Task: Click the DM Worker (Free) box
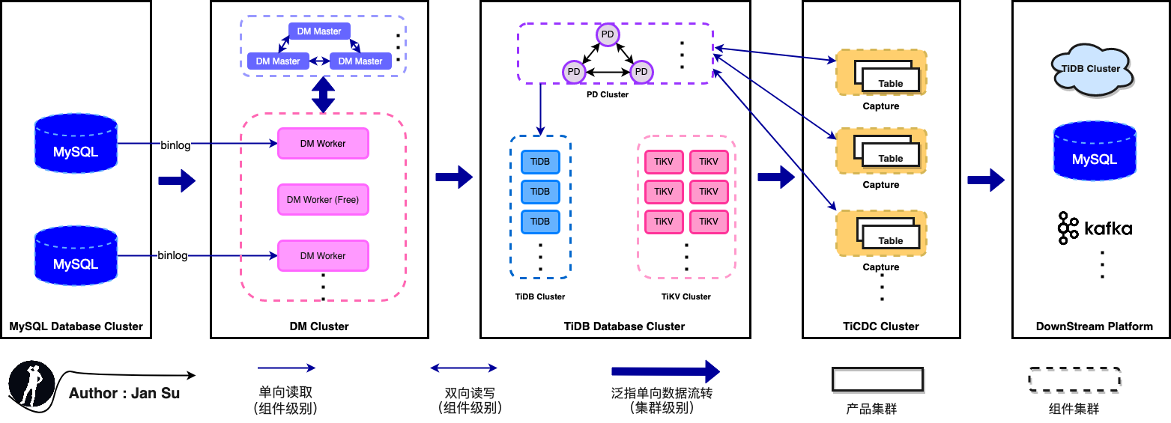click(x=323, y=200)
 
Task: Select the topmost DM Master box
click(x=319, y=31)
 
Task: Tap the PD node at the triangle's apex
click(x=608, y=34)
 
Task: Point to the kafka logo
click(x=1095, y=228)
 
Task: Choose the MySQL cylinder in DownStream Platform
click(x=1094, y=153)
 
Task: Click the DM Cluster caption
click(x=319, y=326)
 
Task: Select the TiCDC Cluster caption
click(x=880, y=326)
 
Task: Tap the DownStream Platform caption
click(x=1094, y=326)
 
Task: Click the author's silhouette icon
click(x=31, y=385)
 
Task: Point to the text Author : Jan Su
click(x=124, y=393)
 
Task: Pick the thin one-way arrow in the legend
click(x=287, y=368)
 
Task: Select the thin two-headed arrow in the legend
click(x=464, y=368)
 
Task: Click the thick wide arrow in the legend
click(x=665, y=371)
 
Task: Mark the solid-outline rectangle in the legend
click(x=877, y=379)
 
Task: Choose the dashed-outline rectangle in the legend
click(x=1074, y=379)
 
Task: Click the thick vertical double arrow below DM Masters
click(x=323, y=95)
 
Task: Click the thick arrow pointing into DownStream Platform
click(x=986, y=180)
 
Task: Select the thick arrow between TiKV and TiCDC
click(x=775, y=177)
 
